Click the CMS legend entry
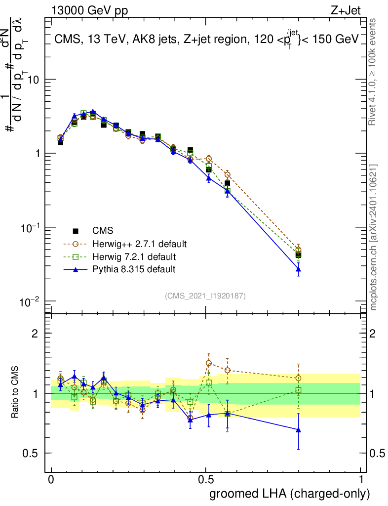point(103,231)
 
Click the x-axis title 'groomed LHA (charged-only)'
point(290,493)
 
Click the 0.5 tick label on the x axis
point(206,480)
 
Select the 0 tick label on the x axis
point(51,480)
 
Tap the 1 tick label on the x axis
point(361,480)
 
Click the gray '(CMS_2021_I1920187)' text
point(205,295)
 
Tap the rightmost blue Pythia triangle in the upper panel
point(298,269)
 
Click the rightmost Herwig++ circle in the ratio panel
point(298,379)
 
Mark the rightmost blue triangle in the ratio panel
point(298,430)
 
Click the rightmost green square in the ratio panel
point(298,390)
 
